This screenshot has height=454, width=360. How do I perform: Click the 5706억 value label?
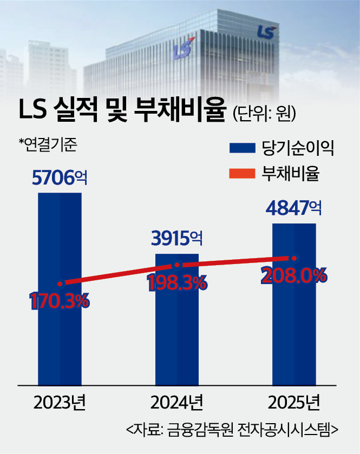point(59,177)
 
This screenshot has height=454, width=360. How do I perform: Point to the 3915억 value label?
point(177,238)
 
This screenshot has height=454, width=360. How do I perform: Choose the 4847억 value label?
point(294,208)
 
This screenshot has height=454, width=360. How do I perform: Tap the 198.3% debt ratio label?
point(176,282)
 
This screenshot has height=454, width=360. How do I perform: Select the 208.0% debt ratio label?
point(294,275)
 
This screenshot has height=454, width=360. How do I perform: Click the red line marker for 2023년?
point(60,283)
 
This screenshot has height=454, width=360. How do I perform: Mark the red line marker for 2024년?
point(177,265)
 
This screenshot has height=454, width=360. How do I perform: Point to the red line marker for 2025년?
point(294,258)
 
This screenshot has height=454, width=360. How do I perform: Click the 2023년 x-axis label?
point(60,403)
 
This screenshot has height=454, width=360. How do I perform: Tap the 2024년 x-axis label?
point(177,403)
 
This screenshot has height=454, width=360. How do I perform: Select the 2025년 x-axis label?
point(294,403)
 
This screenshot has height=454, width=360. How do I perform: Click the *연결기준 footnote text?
point(49,144)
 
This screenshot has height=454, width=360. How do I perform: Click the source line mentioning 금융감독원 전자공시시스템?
point(232,431)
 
